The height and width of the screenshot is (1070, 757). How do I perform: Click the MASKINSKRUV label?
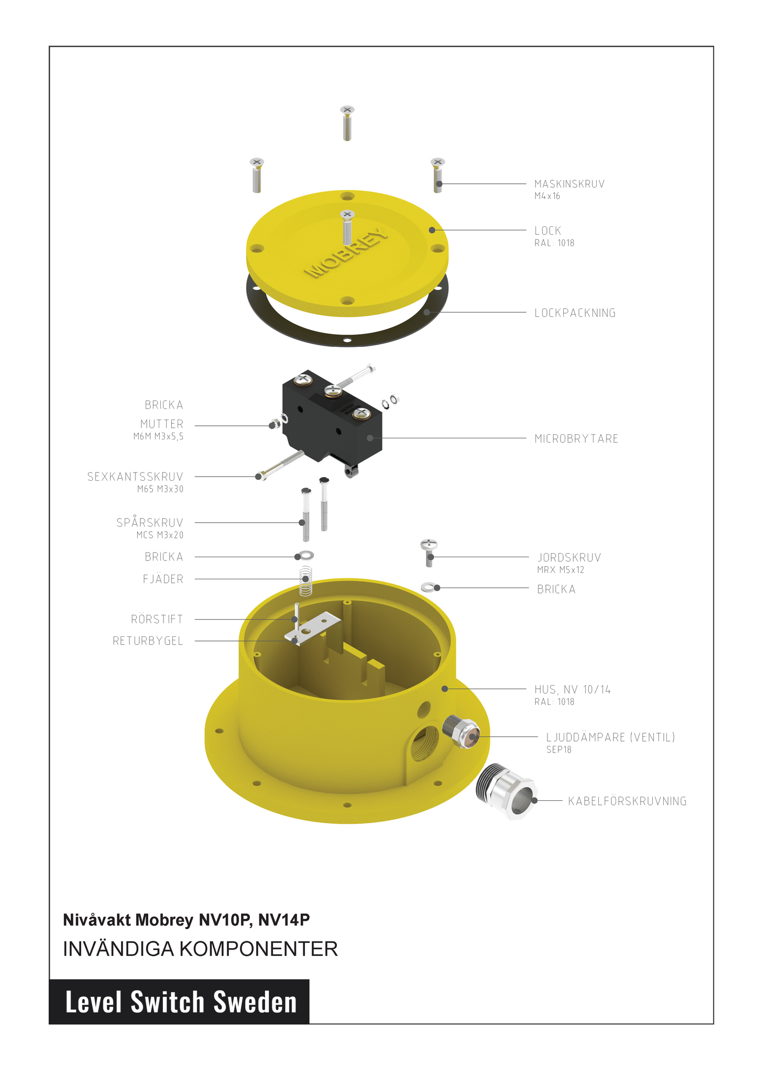click(x=569, y=184)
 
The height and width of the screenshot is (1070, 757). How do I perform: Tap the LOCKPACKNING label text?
click(x=575, y=313)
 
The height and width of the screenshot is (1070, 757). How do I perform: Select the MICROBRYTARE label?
click(x=576, y=438)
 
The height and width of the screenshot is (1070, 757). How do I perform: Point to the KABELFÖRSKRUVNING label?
click(x=627, y=801)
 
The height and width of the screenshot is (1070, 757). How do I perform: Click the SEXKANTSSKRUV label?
click(x=135, y=477)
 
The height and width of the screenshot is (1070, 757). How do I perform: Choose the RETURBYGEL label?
click(x=148, y=641)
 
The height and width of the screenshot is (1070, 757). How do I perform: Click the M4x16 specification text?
click(x=547, y=196)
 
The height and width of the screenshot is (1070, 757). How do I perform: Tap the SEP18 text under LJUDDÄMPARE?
click(x=558, y=749)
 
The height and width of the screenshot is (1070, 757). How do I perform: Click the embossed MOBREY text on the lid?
click(x=347, y=253)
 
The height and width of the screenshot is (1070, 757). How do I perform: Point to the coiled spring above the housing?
click(x=306, y=581)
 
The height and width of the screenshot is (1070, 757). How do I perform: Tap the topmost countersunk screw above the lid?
click(x=347, y=123)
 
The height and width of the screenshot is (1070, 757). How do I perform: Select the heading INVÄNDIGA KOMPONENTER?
click(x=200, y=949)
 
